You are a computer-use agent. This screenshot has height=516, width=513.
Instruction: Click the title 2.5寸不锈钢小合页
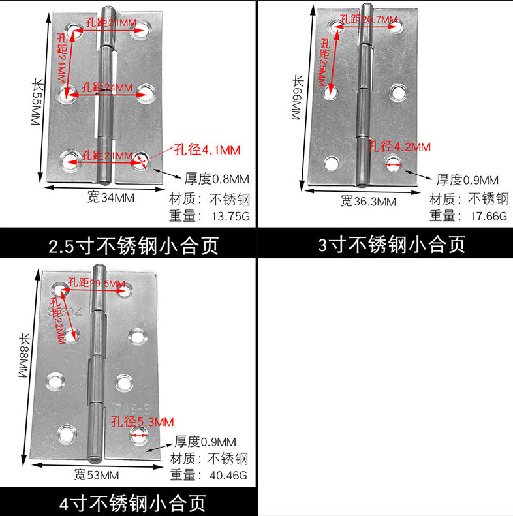[x=133, y=246]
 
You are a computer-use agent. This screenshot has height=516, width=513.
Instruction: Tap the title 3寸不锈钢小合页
[x=392, y=245]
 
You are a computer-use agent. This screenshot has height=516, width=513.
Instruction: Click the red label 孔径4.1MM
[x=207, y=150]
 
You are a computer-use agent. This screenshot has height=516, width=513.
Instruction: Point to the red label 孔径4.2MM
[x=399, y=147]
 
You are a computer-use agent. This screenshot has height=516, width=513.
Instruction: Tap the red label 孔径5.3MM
[x=142, y=420]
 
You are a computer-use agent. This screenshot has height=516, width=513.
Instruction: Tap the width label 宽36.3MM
[x=368, y=201]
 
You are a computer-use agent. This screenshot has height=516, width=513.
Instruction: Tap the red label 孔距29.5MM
[x=98, y=283]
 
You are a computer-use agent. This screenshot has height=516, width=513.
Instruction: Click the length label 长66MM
[x=298, y=98]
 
